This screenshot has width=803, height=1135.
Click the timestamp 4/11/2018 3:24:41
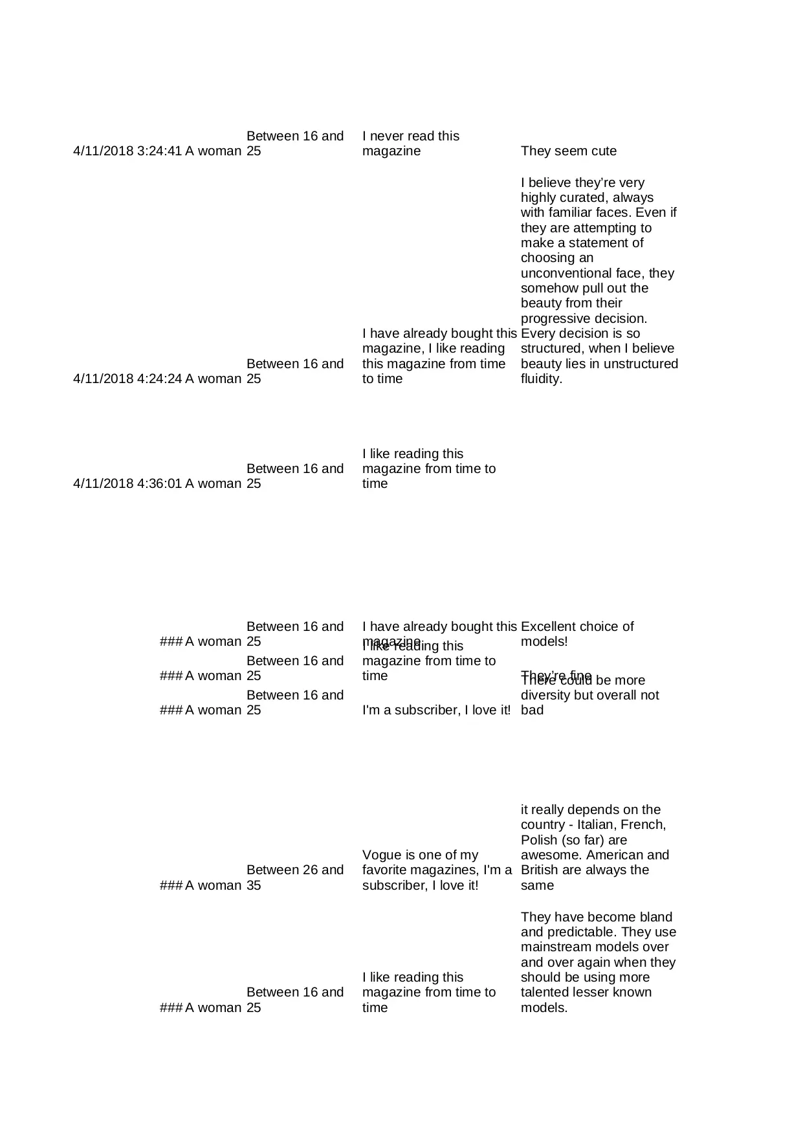click(127, 151)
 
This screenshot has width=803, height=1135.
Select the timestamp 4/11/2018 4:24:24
click(127, 379)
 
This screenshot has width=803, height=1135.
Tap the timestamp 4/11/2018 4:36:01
click(127, 484)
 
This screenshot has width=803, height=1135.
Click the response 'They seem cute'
click(568, 151)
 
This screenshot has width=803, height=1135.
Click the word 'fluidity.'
click(541, 379)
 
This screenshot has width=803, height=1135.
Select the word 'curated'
click(586, 198)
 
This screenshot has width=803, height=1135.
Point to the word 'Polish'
click(538, 841)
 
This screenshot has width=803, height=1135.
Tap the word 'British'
click(540, 870)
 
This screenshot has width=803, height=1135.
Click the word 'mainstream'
click(556, 947)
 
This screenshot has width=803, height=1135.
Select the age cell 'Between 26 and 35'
click(294, 877)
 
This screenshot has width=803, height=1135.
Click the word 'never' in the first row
click(386, 137)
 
